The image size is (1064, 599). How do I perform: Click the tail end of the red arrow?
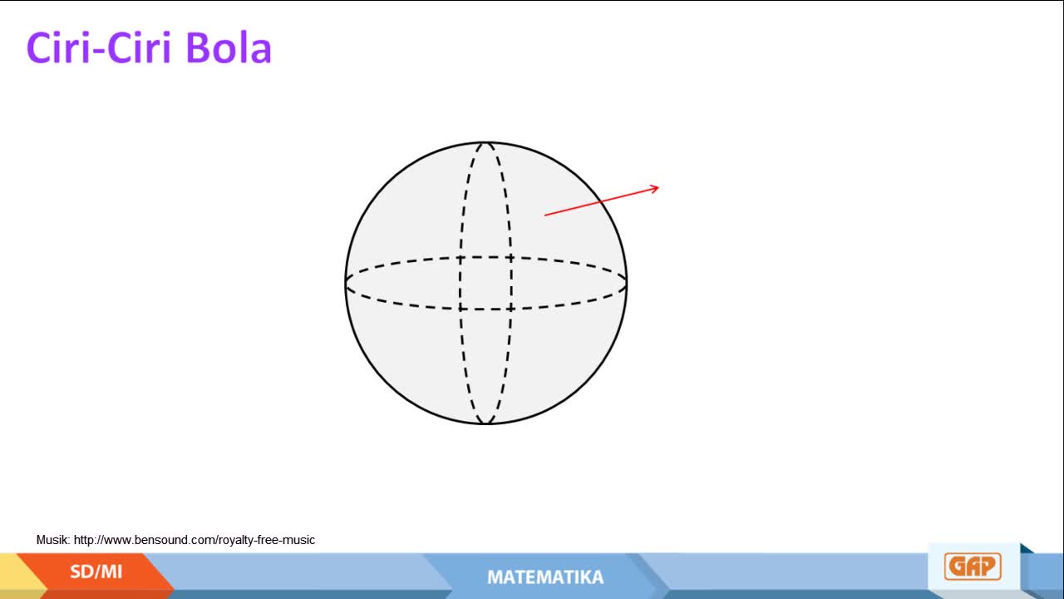(x=544, y=215)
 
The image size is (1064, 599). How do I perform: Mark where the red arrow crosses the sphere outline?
(x=600, y=202)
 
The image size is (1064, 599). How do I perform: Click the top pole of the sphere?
(x=486, y=142)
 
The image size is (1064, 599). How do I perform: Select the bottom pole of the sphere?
(x=486, y=423)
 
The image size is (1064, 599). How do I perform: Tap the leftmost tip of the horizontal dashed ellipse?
(x=346, y=283)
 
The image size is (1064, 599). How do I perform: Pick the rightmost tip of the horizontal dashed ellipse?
(x=627, y=283)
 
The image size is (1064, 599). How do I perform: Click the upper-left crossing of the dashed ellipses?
(x=461, y=258)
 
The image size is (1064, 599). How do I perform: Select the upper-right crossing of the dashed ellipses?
(x=510, y=258)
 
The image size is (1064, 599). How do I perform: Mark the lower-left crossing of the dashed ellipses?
(x=461, y=309)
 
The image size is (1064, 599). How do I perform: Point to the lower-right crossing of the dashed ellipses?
(x=510, y=309)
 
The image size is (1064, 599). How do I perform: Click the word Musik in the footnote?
(x=53, y=540)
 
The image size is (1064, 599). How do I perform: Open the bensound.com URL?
(x=195, y=540)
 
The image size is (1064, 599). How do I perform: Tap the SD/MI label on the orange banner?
(x=96, y=572)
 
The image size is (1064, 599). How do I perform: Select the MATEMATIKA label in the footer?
(x=545, y=577)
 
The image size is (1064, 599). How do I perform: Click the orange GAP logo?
(x=973, y=567)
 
